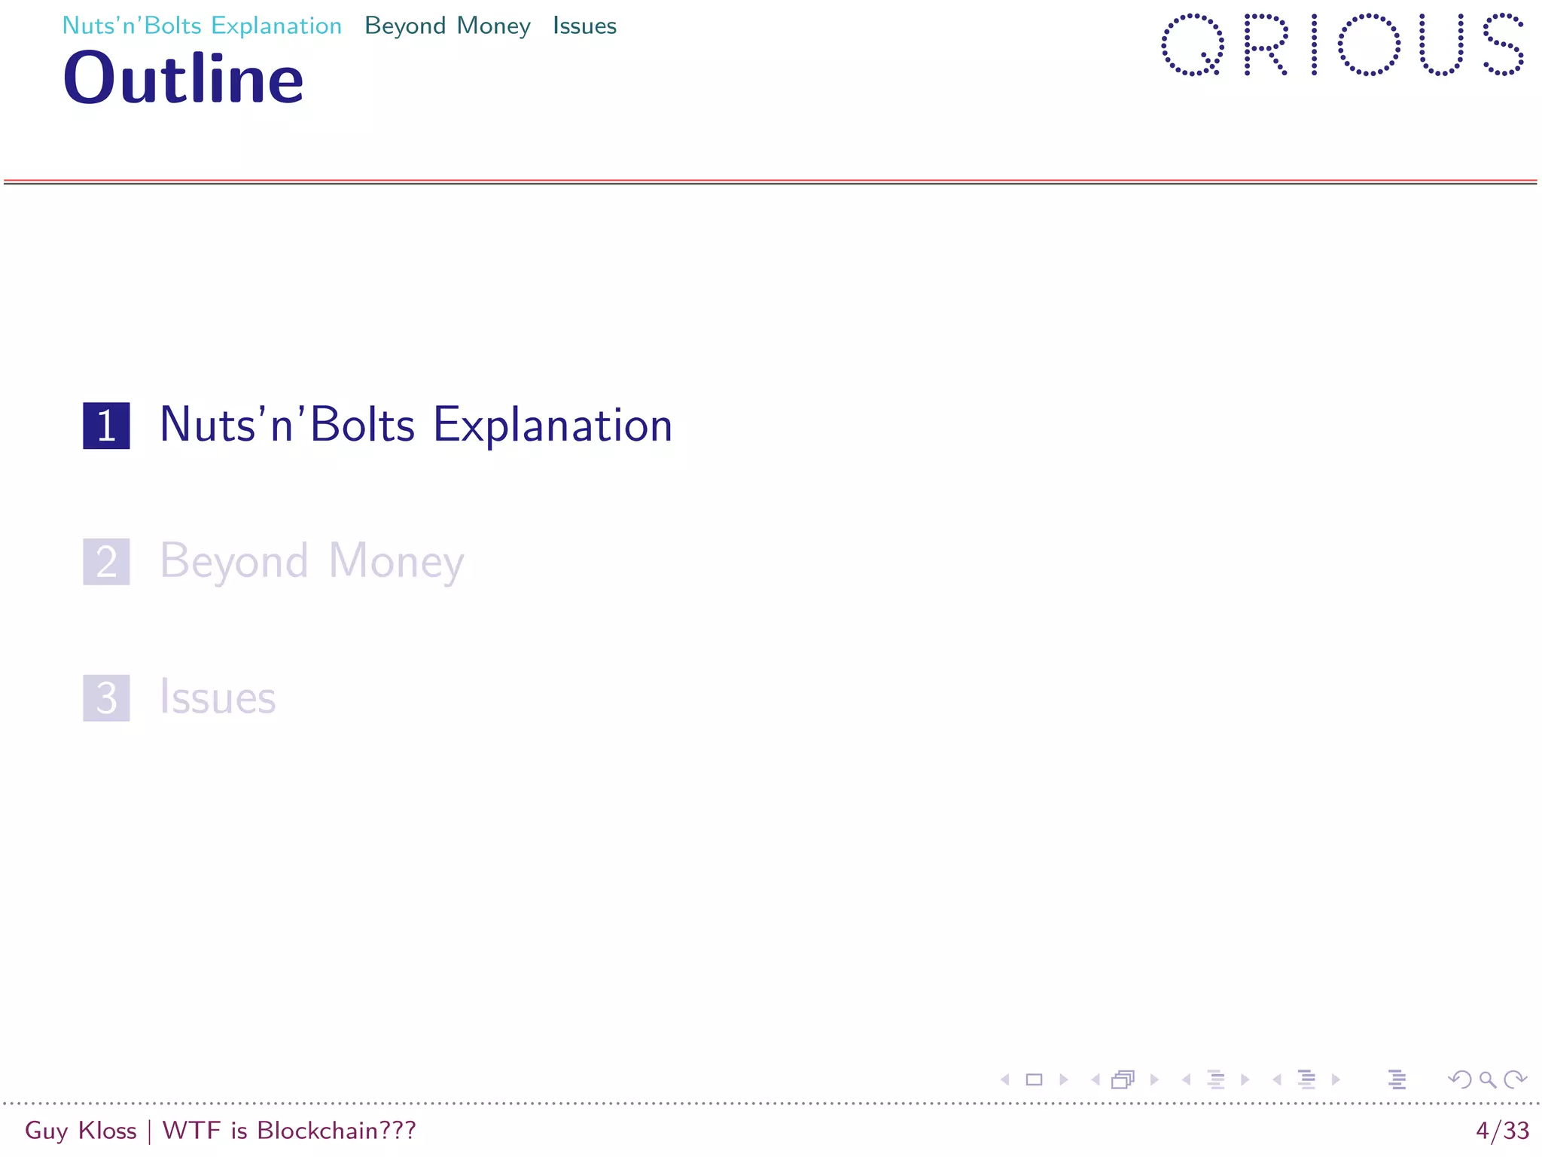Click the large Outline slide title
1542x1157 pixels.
coord(183,79)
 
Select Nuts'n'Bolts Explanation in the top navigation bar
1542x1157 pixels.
coord(202,26)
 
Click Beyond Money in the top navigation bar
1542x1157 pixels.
coord(447,26)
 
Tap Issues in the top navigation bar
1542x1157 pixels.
coord(584,26)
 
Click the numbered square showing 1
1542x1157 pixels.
coord(106,426)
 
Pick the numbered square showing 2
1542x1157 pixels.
coord(106,562)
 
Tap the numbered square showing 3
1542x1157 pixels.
coord(106,698)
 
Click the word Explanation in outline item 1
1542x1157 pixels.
coord(552,426)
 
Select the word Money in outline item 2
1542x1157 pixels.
coord(396,562)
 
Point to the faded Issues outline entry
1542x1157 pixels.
coord(218,698)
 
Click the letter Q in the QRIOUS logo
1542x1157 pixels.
coord(1192,44)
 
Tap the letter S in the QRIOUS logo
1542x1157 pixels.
coord(1503,44)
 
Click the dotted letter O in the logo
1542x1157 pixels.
coord(1369,44)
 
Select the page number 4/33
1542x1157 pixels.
coord(1502,1131)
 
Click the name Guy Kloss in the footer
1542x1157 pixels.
coord(81,1131)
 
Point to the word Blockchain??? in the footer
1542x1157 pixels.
coord(336,1131)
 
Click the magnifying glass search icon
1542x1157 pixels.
coord(1487,1080)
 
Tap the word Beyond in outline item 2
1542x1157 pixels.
coord(234,562)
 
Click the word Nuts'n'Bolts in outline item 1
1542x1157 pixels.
coord(287,426)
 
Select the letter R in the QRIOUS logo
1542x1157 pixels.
coord(1265,44)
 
